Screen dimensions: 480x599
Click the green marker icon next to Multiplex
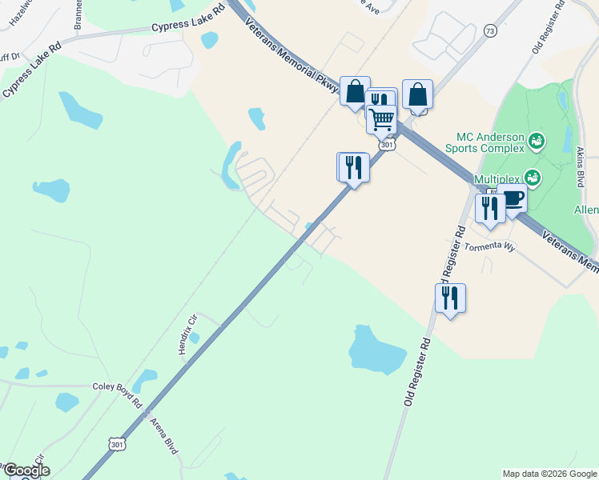click(x=532, y=177)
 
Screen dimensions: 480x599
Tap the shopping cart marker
click(x=382, y=118)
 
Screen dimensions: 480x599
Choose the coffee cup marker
click(x=513, y=198)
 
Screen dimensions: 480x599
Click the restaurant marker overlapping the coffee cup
click(x=489, y=208)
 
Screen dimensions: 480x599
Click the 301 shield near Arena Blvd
click(x=117, y=442)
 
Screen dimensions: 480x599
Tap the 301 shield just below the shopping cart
click(x=388, y=145)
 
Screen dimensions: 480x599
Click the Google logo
click(x=26, y=470)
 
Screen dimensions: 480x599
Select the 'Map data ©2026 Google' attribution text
click(x=549, y=474)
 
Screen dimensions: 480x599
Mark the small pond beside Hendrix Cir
click(x=195, y=338)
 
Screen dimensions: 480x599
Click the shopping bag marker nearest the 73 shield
click(x=417, y=94)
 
